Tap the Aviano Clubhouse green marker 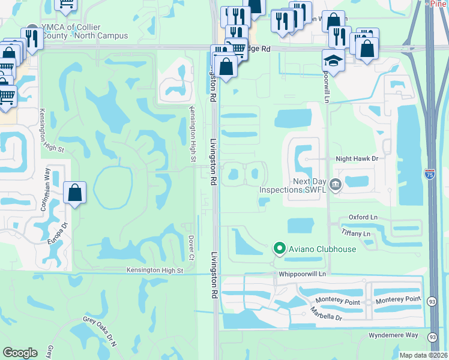click(x=279, y=247)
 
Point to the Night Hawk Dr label click(x=359, y=159)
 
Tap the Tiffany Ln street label click(x=357, y=232)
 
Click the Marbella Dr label click(x=326, y=314)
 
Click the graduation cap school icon click(x=333, y=59)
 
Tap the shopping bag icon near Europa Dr click(x=74, y=193)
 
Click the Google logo click(x=20, y=352)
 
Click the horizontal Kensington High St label click(x=154, y=271)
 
